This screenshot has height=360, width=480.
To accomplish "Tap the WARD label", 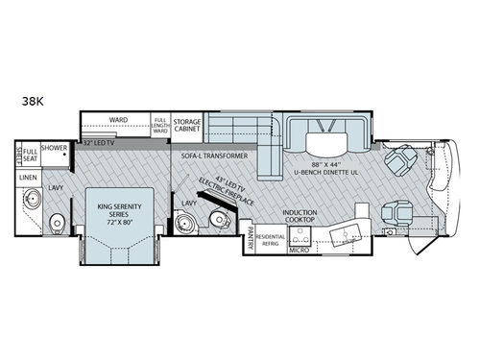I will (118, 120).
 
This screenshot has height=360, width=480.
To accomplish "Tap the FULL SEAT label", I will (31, 156).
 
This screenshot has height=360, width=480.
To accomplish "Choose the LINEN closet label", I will (30, 178).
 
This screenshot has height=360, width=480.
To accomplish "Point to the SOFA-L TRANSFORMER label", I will (208, 155).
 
